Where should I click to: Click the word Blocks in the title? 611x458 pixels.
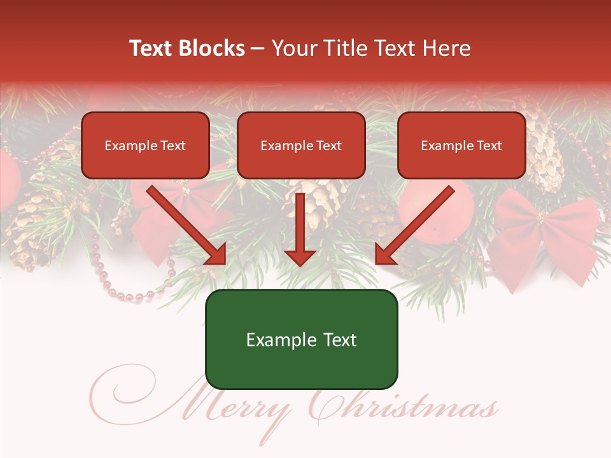tap(211, 48)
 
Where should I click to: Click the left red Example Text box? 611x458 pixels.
tap(145, 146)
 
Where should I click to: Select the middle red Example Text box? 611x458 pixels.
tap(301, 146)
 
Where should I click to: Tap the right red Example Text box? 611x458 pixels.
tap(461, 146)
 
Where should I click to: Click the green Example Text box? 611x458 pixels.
tap(301, 340)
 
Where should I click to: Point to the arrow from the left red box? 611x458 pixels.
tap(188, 226)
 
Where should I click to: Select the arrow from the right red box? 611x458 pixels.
tap(414, 226)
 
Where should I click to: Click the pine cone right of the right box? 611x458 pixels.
tap(544, 156)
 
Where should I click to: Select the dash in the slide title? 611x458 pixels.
tap(258, 48)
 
